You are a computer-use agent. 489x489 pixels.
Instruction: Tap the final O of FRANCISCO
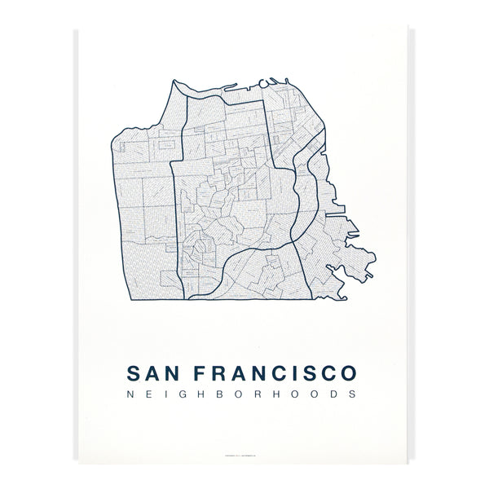[x=347, y=373]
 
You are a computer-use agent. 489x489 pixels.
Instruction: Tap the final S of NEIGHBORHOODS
[x=351, y=394]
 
